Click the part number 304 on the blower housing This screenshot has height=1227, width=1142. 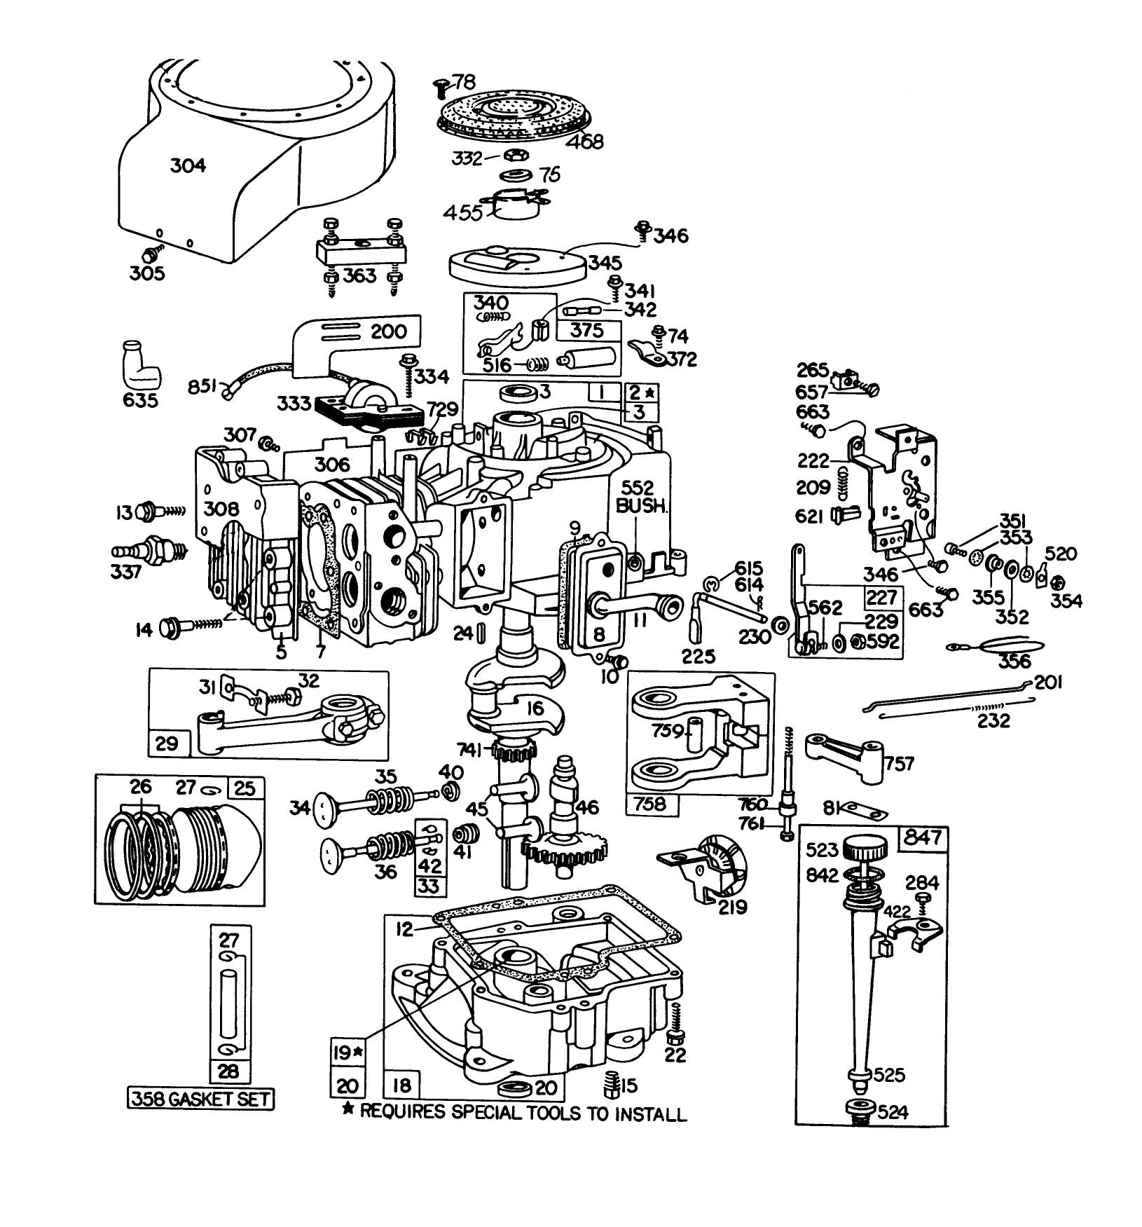pos(188,166)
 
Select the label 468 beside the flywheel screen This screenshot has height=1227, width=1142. pos(584,141)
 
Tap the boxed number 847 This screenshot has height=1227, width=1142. pos(923,838)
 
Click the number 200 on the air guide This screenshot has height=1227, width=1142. pos(389,331)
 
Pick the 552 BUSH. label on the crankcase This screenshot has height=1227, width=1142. pos(641,498)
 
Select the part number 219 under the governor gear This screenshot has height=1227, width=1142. pos(729,907)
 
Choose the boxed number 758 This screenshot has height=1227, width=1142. pos(649,803)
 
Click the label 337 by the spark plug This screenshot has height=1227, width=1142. pos(126,571)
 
